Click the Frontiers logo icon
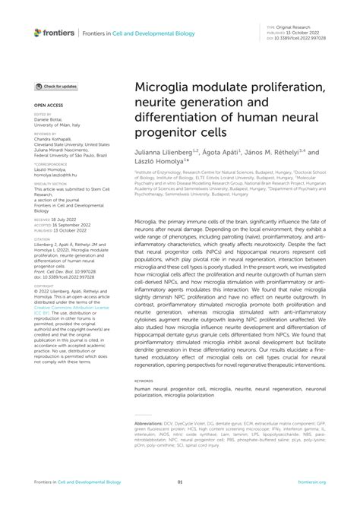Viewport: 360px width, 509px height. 38,32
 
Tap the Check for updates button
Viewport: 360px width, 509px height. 55,87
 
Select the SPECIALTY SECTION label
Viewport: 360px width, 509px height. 51,183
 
